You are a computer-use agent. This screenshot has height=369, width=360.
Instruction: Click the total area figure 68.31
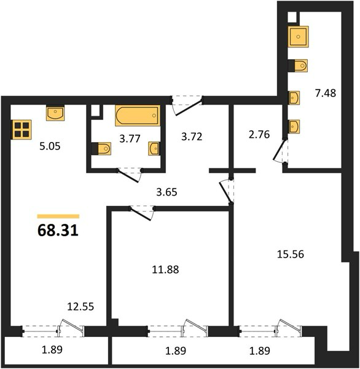click(58, 230)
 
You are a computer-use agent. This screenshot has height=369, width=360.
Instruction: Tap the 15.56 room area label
click(291, 254)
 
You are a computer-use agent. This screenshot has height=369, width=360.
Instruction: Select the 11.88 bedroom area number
click(165, 269)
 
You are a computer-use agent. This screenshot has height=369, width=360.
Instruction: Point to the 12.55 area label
click(80, 306)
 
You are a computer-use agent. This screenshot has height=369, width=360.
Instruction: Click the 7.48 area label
click(326, 93)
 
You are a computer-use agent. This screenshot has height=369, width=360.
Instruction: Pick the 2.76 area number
click(259, 134)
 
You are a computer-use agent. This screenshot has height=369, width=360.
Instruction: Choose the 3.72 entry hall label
click(192, 137)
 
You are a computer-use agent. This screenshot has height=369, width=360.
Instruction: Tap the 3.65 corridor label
click(166, 192)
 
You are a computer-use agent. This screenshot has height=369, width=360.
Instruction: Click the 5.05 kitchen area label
click(50, 146)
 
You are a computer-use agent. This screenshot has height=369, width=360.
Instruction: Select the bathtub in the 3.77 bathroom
click(138, 116)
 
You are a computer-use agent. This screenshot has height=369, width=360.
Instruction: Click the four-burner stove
click(22, 130)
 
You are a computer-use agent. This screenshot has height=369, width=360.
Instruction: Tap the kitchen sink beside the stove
click(55, 113)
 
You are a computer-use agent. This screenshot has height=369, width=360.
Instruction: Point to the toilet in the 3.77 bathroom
click(101, 148)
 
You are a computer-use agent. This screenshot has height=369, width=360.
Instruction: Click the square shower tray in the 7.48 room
click(298, 37)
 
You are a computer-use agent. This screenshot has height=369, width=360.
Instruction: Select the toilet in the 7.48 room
click(298, 65)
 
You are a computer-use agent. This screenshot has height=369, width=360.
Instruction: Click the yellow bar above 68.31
click(58, 216)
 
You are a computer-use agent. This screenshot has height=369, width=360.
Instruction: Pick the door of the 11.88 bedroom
click(141, 213)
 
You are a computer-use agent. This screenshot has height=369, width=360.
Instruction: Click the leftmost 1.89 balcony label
click(52, 350)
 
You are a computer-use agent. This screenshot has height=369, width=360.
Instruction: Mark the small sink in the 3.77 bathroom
click(154, 148)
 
